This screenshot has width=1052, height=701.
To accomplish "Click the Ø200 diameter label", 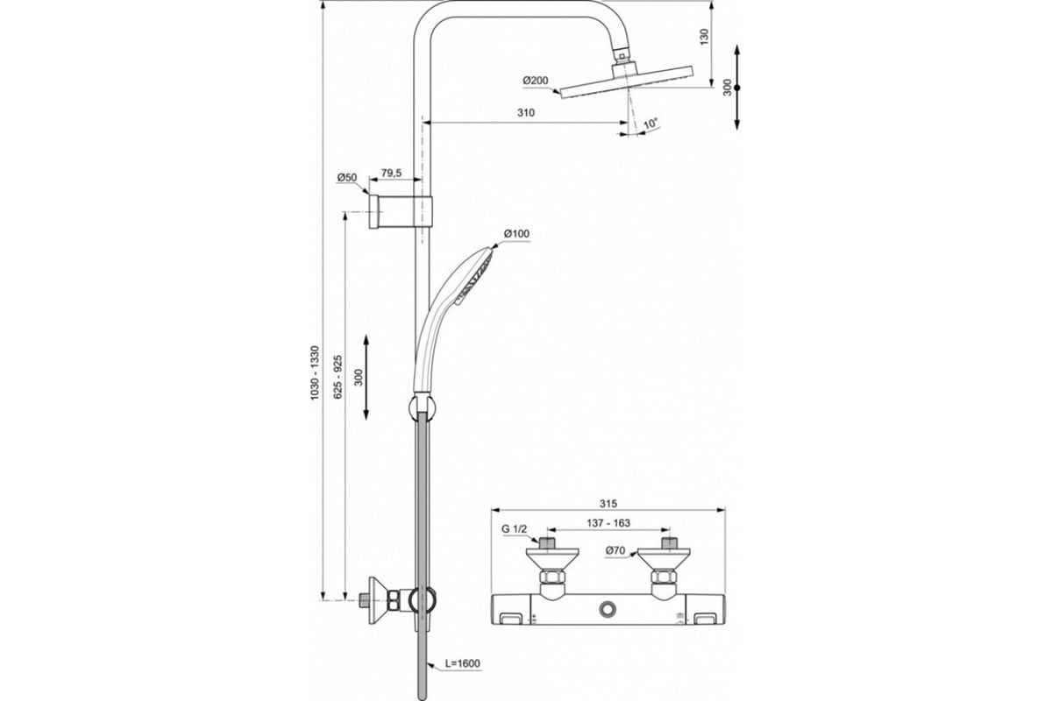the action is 536,81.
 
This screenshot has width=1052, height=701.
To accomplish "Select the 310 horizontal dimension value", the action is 526,113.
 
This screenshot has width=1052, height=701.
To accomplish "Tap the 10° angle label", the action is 650,124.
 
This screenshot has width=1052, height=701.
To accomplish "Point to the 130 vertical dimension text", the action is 704,37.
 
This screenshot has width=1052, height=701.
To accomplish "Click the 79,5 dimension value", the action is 391,173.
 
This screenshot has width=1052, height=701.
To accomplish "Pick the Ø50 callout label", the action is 347,178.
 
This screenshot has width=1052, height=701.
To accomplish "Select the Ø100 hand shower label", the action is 516,233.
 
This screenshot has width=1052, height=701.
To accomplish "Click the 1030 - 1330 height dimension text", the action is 315,372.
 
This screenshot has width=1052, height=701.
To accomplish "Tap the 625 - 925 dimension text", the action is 338,377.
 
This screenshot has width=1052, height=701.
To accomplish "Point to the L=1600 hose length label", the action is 463,663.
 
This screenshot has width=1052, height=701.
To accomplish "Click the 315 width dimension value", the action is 608,503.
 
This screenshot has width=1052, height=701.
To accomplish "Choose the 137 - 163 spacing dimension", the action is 608,522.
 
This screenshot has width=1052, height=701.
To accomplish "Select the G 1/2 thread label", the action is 515,528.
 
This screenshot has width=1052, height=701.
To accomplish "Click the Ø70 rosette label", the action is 615,550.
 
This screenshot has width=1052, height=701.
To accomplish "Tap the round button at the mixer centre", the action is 608,610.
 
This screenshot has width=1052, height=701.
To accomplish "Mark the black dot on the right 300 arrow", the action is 737,88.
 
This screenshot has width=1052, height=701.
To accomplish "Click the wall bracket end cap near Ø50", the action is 373,211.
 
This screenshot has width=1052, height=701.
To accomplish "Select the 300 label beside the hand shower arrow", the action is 359,377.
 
